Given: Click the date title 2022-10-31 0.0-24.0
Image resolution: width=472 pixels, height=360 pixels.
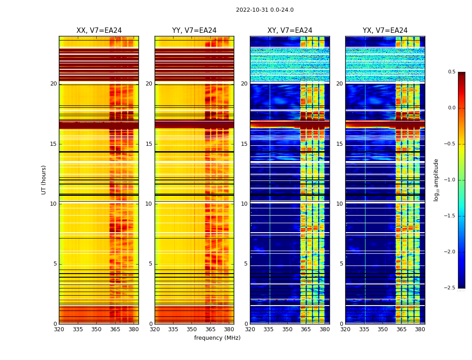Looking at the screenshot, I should pyautogui.click(x=265, y=10).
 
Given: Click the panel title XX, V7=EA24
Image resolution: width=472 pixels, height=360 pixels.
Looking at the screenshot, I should pyautogui.click(x=99, y=31).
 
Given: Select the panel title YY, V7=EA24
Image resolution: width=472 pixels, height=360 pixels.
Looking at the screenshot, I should pyautogui.click(x=194, y=31).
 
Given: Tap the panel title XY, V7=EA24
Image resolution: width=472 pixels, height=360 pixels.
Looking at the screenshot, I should pyautogui.click(x=290, y=31).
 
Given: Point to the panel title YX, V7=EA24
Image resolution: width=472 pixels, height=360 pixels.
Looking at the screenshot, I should pyautogui.click(x=385, y=31).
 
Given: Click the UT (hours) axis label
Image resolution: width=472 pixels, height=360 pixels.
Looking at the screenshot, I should pyautogui.click(x=44, y=180).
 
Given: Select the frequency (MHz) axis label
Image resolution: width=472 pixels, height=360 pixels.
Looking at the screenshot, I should pyautogui.click(x=217, y=338).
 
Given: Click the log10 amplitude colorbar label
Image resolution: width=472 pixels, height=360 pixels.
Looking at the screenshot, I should pyautogui.click(x=436, y=180).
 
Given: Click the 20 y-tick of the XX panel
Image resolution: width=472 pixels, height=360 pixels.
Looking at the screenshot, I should pyautogui.click(x=54, y=84).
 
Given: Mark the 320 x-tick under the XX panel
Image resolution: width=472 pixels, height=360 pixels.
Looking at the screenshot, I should pyautogui.click(x=59, y=329).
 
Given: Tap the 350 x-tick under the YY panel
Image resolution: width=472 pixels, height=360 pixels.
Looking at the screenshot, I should pyautogui.click(x=192, y=329).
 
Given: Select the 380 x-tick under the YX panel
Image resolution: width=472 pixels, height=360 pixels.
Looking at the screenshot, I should pyautogui.click(x=420, y=329).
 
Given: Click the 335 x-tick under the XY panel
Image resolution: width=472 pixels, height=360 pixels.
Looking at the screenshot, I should pyautogui.click(x=269, y=329).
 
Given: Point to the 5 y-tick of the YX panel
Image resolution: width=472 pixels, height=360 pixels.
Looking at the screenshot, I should pyautogui.click(x=342, y=264).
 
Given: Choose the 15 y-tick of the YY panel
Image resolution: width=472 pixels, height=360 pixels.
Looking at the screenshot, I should pyautogui.click(x=149, y=144).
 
